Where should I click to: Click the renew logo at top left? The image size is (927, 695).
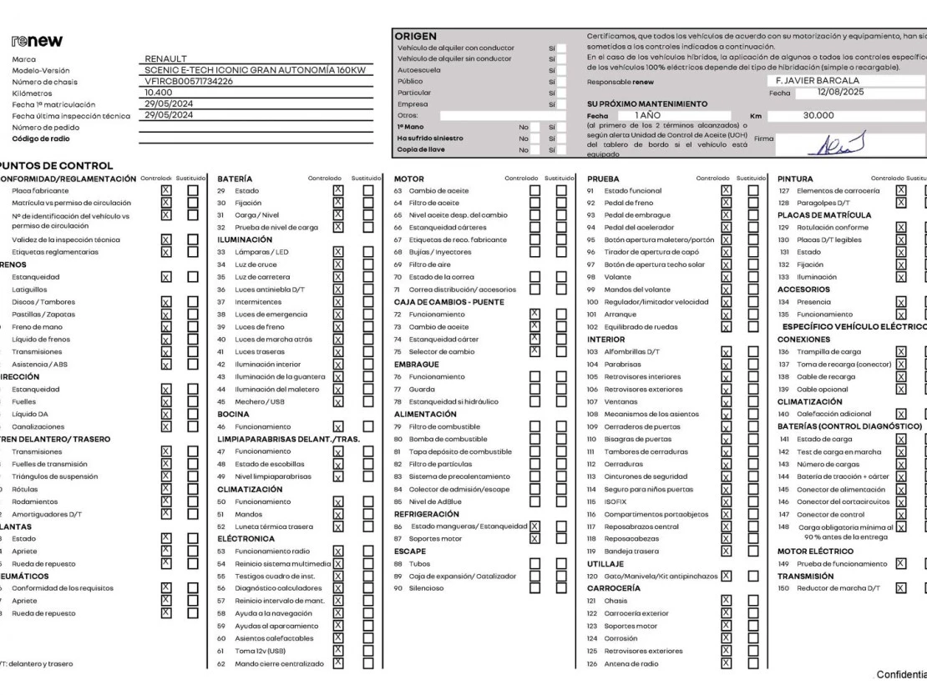tap(38, 41)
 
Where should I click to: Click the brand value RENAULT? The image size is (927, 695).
tap(166, 59)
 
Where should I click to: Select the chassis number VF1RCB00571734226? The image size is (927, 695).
tap(189, 81)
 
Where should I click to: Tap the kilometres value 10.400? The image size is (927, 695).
tap(159, 93)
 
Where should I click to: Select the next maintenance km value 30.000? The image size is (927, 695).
tap(818, 116)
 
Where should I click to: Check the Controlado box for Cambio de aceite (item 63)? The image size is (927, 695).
tap(535, 192)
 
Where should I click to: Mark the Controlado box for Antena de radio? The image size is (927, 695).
tap(726, 664)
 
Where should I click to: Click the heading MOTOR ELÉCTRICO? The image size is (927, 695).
tap(815, 551)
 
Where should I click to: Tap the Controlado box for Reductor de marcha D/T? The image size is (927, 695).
tap(900, 588)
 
